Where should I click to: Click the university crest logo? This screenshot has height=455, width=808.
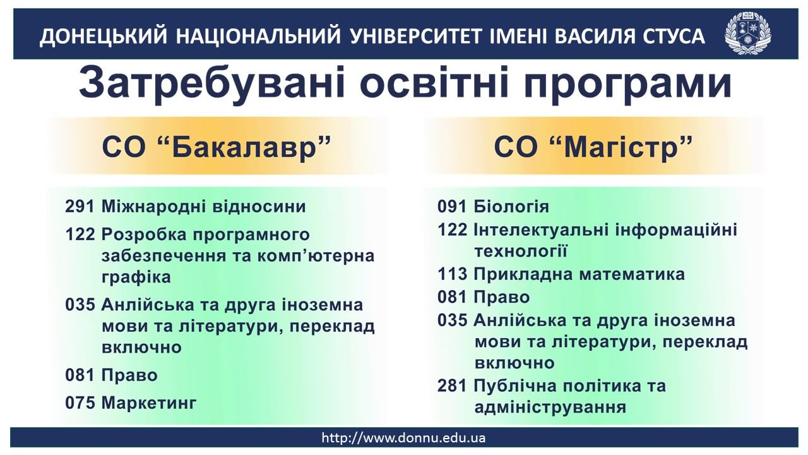tap(747, 33)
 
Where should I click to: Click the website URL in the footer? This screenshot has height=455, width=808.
tap(403, 438)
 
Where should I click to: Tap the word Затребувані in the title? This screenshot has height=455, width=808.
tap(212, 83)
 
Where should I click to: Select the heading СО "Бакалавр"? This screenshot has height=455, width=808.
tap(217, 147)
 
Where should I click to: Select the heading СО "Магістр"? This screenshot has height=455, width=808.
tap(593, 147)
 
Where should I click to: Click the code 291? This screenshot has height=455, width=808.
tap(80, 207)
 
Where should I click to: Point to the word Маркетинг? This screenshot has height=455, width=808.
tap(149, 403)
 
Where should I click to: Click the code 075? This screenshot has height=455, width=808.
tap(80, 403)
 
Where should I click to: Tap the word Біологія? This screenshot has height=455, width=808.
tap(511, 207)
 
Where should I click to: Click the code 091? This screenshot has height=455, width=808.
tap(452, 207)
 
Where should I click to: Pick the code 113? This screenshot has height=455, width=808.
tap(452, 274)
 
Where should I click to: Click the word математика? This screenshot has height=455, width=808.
tap(632, 274)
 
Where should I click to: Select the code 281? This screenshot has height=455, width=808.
tap(452, 385)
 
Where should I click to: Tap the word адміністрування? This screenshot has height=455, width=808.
tap(550, 408)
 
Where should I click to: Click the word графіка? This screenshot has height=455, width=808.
tap(136, 277)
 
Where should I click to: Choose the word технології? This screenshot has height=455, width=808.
tap(521, 251)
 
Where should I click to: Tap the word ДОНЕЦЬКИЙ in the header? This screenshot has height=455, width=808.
tap(104, 37)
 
